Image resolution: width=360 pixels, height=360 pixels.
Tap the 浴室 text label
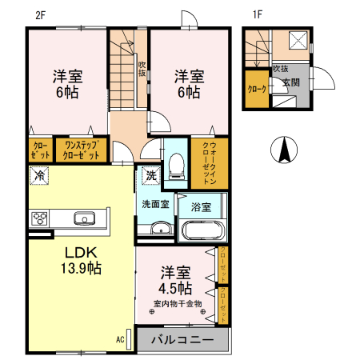tap(202, 207)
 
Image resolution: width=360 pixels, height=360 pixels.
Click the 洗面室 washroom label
tap(155, 204)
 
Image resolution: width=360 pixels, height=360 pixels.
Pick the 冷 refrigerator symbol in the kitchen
tap(38, 175)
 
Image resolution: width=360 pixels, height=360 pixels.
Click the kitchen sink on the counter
tap(84, 218)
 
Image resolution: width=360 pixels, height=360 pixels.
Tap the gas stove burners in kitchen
tap(40, 218)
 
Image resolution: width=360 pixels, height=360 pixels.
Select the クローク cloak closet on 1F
tap(257, 90)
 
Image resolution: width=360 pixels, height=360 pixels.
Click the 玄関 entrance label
tap(290, 82)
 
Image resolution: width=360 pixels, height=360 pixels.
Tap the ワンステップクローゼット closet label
tap(82, 150)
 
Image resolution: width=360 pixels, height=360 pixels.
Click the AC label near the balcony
tap(120, 339)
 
